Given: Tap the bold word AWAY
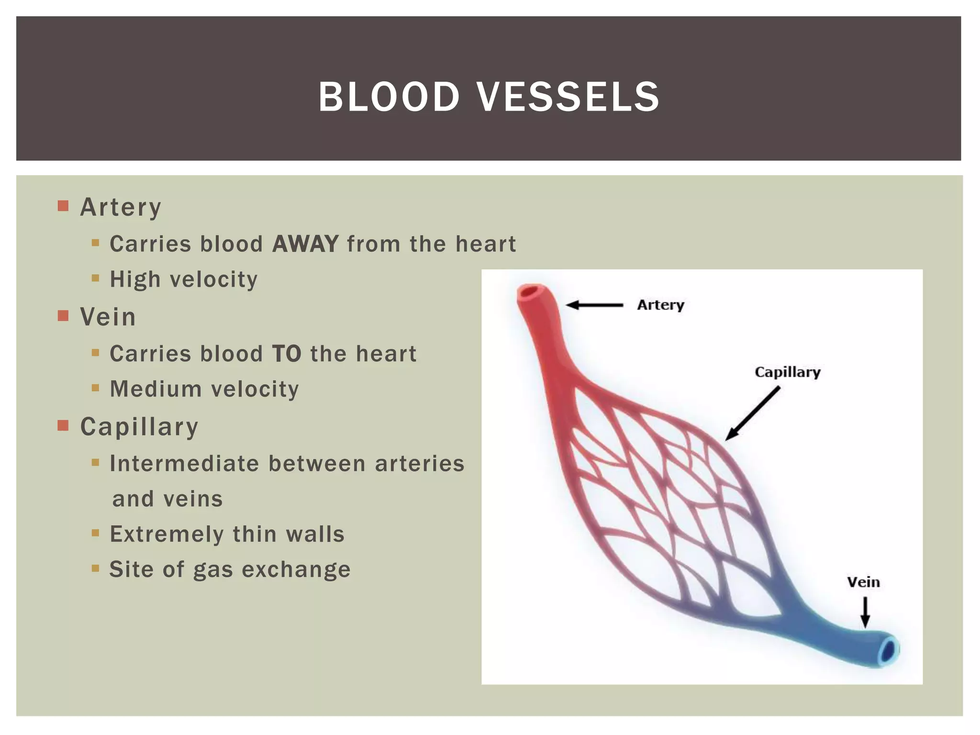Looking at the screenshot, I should (x=305, y=244).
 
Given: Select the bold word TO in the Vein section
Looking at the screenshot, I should (x=287, y=354).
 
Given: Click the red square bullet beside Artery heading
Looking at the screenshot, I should (x=63, y=206).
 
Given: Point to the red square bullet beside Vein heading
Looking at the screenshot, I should (x=63, y=316).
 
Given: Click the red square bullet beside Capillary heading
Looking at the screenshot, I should (x=63, y=425).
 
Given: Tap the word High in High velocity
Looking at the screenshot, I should (x=135, y=279).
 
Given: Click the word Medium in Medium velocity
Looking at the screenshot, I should (x=156, y=389).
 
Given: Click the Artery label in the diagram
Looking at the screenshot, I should (x=660, y=305).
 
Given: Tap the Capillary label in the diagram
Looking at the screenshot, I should (x=787, y=372).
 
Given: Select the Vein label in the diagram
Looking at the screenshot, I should (x=863, y=582).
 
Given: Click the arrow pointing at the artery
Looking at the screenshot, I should (x=594, y=305).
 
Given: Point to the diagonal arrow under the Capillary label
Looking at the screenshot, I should (x=752, y=414).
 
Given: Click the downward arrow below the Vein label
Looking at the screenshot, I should (x=865, y=612).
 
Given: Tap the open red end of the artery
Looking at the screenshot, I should (x=530, y=291).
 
